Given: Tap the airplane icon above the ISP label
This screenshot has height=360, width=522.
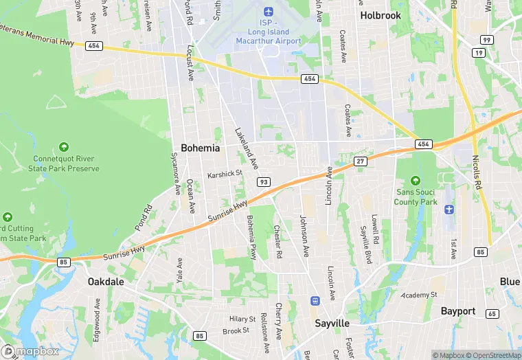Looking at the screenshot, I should click(x=267, y=12).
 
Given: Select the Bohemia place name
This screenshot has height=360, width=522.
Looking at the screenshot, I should click(x=201, y=148).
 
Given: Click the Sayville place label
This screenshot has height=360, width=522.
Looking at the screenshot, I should click(x=332, y=323).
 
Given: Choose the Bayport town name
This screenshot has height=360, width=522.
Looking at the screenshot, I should click(x=458, y=311).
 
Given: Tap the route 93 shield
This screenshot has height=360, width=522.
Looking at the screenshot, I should click(x=264, y=181).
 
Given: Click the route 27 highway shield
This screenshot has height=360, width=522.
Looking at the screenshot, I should click(x=360, y=161).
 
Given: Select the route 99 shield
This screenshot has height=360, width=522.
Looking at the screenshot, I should click(x=486, y=40).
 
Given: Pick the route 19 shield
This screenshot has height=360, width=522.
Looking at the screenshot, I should click(x=479, y=52).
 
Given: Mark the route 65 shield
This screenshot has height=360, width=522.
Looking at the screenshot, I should click(x=491, y=313).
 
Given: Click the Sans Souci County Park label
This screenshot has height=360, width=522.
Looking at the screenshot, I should click(x=416, y=196).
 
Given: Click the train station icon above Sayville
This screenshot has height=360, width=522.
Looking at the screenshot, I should click(x=315, y=300).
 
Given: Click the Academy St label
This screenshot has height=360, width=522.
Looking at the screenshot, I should click(x=420, y=294).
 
